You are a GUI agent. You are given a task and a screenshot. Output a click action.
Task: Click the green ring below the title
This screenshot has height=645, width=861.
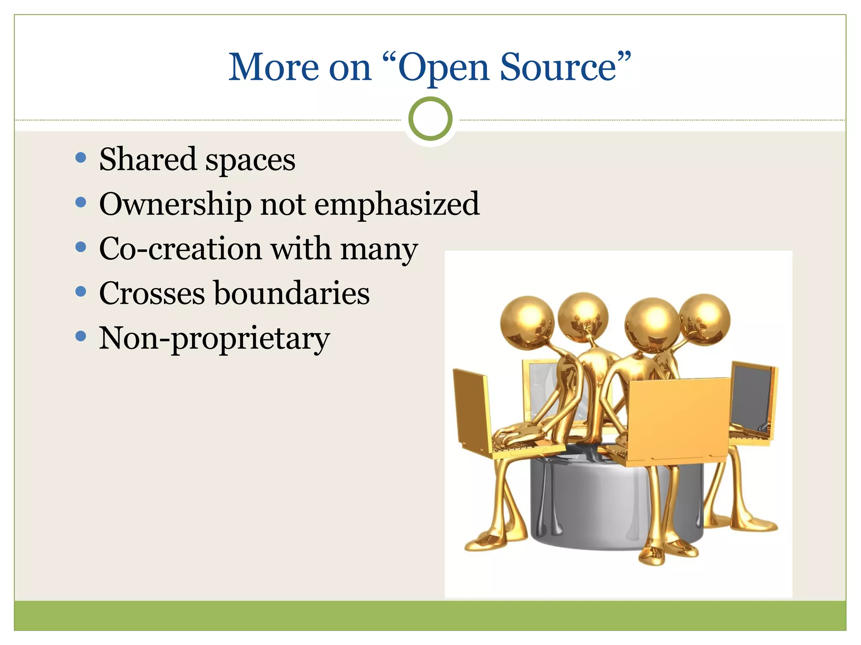pyautogui.click(x=430, y=119)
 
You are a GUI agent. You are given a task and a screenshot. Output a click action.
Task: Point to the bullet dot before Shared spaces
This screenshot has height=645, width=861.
pyautogui.click(x=81, y=158)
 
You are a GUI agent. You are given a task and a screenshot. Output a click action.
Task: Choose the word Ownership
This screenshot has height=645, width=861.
pyautogui.click(x=175, y=205)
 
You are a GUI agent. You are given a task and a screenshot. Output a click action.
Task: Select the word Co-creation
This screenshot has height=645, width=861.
pyautogui.click(x=180, y=249)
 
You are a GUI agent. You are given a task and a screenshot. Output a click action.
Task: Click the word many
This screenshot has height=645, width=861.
pyautogui.click(x=379, y=249)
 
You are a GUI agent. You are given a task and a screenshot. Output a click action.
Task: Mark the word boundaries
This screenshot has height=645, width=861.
pyautogui.click(x=292, y=293)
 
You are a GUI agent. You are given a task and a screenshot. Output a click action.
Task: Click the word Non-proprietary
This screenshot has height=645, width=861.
pyautogui.click(x=214, y=338)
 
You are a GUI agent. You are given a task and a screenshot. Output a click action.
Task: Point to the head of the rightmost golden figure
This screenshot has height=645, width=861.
pyautogui.click(x=705, y=320)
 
